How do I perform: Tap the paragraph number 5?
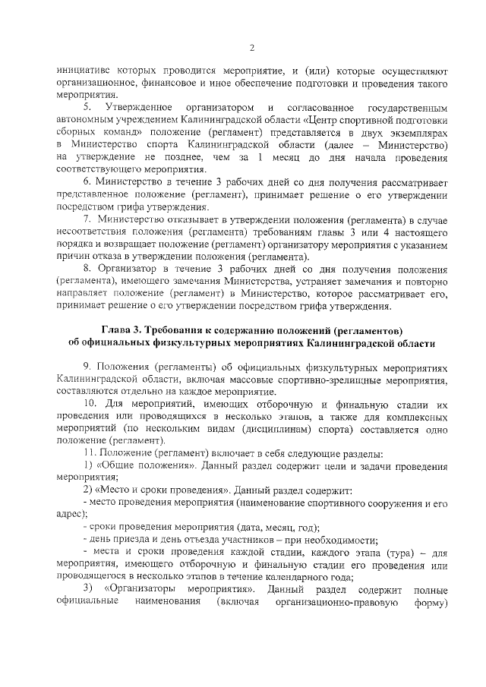(87, 106)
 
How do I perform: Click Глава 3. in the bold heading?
(123, 330)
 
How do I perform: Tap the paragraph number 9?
(87, 366)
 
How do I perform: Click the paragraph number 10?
(90, 405)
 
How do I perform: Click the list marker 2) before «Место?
(87, 491)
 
